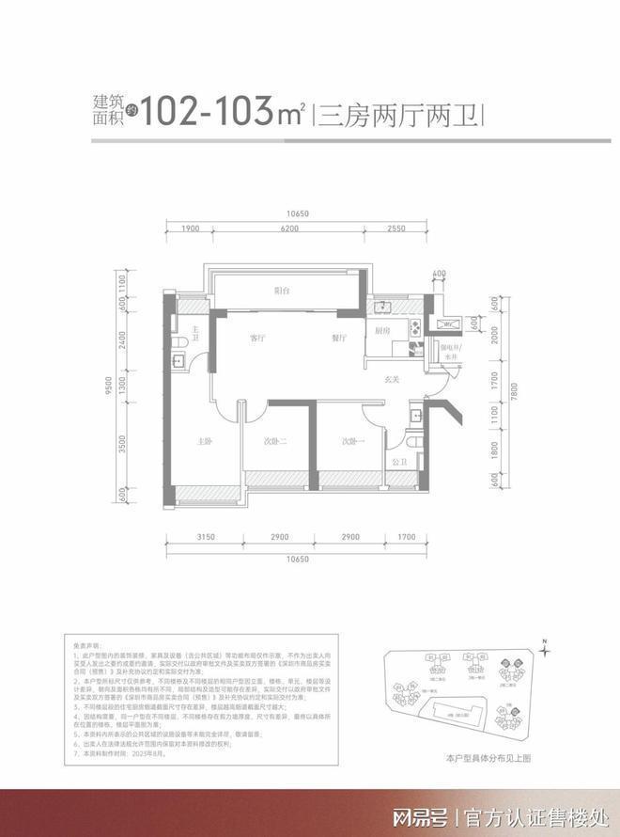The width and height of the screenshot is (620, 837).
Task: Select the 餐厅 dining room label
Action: [x=339, y=337]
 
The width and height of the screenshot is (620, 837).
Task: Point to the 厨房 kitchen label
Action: [x=382, y=331]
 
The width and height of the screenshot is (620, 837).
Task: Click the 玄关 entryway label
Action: [x=393, y=380]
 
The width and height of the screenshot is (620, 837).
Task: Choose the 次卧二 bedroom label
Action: [x=276, y=441]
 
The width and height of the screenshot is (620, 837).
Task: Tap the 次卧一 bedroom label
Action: [x=352, y=441]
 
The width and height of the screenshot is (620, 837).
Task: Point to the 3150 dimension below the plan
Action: [x=207, y=536]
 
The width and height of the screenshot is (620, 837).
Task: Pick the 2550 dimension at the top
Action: [x=395, y=229]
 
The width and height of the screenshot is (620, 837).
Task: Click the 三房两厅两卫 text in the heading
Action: [x=398, y=118]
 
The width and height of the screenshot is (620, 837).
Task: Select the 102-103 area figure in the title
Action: [x=212, y=113]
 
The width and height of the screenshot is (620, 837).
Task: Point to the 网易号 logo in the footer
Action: [x=418, y=814]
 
